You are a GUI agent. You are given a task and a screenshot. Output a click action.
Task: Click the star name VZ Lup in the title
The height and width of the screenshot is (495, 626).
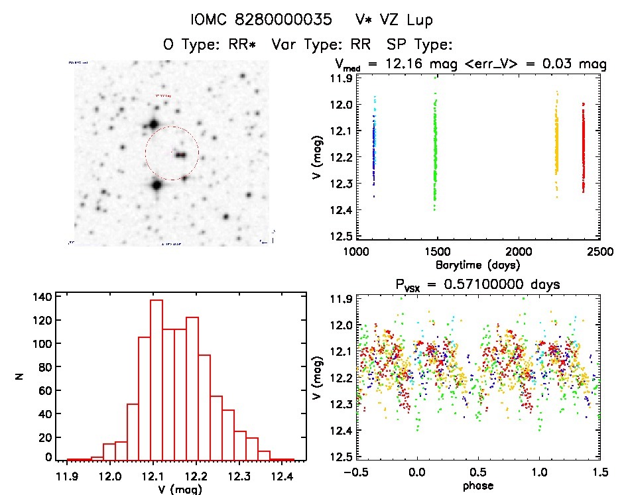(x=403, y=20)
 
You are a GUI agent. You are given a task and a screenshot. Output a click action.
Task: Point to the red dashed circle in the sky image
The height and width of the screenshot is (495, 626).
(x=172, y=153)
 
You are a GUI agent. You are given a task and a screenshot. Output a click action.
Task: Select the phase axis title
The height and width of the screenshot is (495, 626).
(x=477, y=485)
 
